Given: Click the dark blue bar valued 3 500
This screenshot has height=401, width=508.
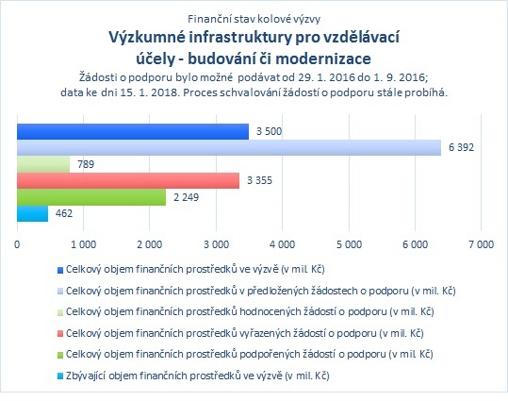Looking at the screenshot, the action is tap(133, 131).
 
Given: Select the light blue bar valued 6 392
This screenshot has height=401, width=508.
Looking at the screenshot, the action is tap(229, 147).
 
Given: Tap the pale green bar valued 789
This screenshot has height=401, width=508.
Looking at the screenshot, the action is tap(43, 164).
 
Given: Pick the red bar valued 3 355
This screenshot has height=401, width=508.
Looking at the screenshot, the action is tap(128, 180).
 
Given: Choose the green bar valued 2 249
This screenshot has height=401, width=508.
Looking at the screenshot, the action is tap(91, 197).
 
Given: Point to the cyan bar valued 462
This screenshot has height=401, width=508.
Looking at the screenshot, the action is tap(32, 213).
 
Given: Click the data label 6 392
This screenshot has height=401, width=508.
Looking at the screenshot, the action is tap(461, 147).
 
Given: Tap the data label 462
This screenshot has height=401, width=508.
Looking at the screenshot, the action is tap(64, 213).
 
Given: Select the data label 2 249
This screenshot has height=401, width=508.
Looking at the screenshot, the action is tap(186, 197).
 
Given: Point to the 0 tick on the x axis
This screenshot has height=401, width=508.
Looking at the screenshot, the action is tap(17, 244).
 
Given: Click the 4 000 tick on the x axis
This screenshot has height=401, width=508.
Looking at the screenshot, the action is tap(282, 244).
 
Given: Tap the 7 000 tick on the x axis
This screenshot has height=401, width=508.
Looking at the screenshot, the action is tap(481, 244).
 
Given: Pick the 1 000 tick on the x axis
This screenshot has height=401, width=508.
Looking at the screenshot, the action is tap(83, 244).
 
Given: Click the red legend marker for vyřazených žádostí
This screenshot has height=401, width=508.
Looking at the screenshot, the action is tap(60, 333).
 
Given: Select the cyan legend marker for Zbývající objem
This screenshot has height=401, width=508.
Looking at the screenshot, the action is tap(60, 376).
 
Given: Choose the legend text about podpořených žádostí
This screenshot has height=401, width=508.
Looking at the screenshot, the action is tap(250, 354).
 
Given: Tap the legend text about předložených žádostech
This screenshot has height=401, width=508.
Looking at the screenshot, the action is tap(261, 291).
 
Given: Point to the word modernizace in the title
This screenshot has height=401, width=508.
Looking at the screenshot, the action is tap(323, 58).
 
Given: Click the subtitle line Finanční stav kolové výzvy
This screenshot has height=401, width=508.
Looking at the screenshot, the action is tap(254, 19).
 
